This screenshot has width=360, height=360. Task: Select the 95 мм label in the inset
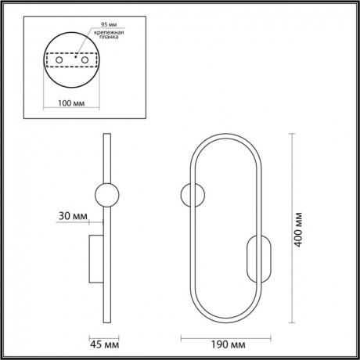click(99, 24)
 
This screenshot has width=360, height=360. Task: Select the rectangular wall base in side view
click(95, 257)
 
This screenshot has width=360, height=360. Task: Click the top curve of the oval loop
click(224, 137)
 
